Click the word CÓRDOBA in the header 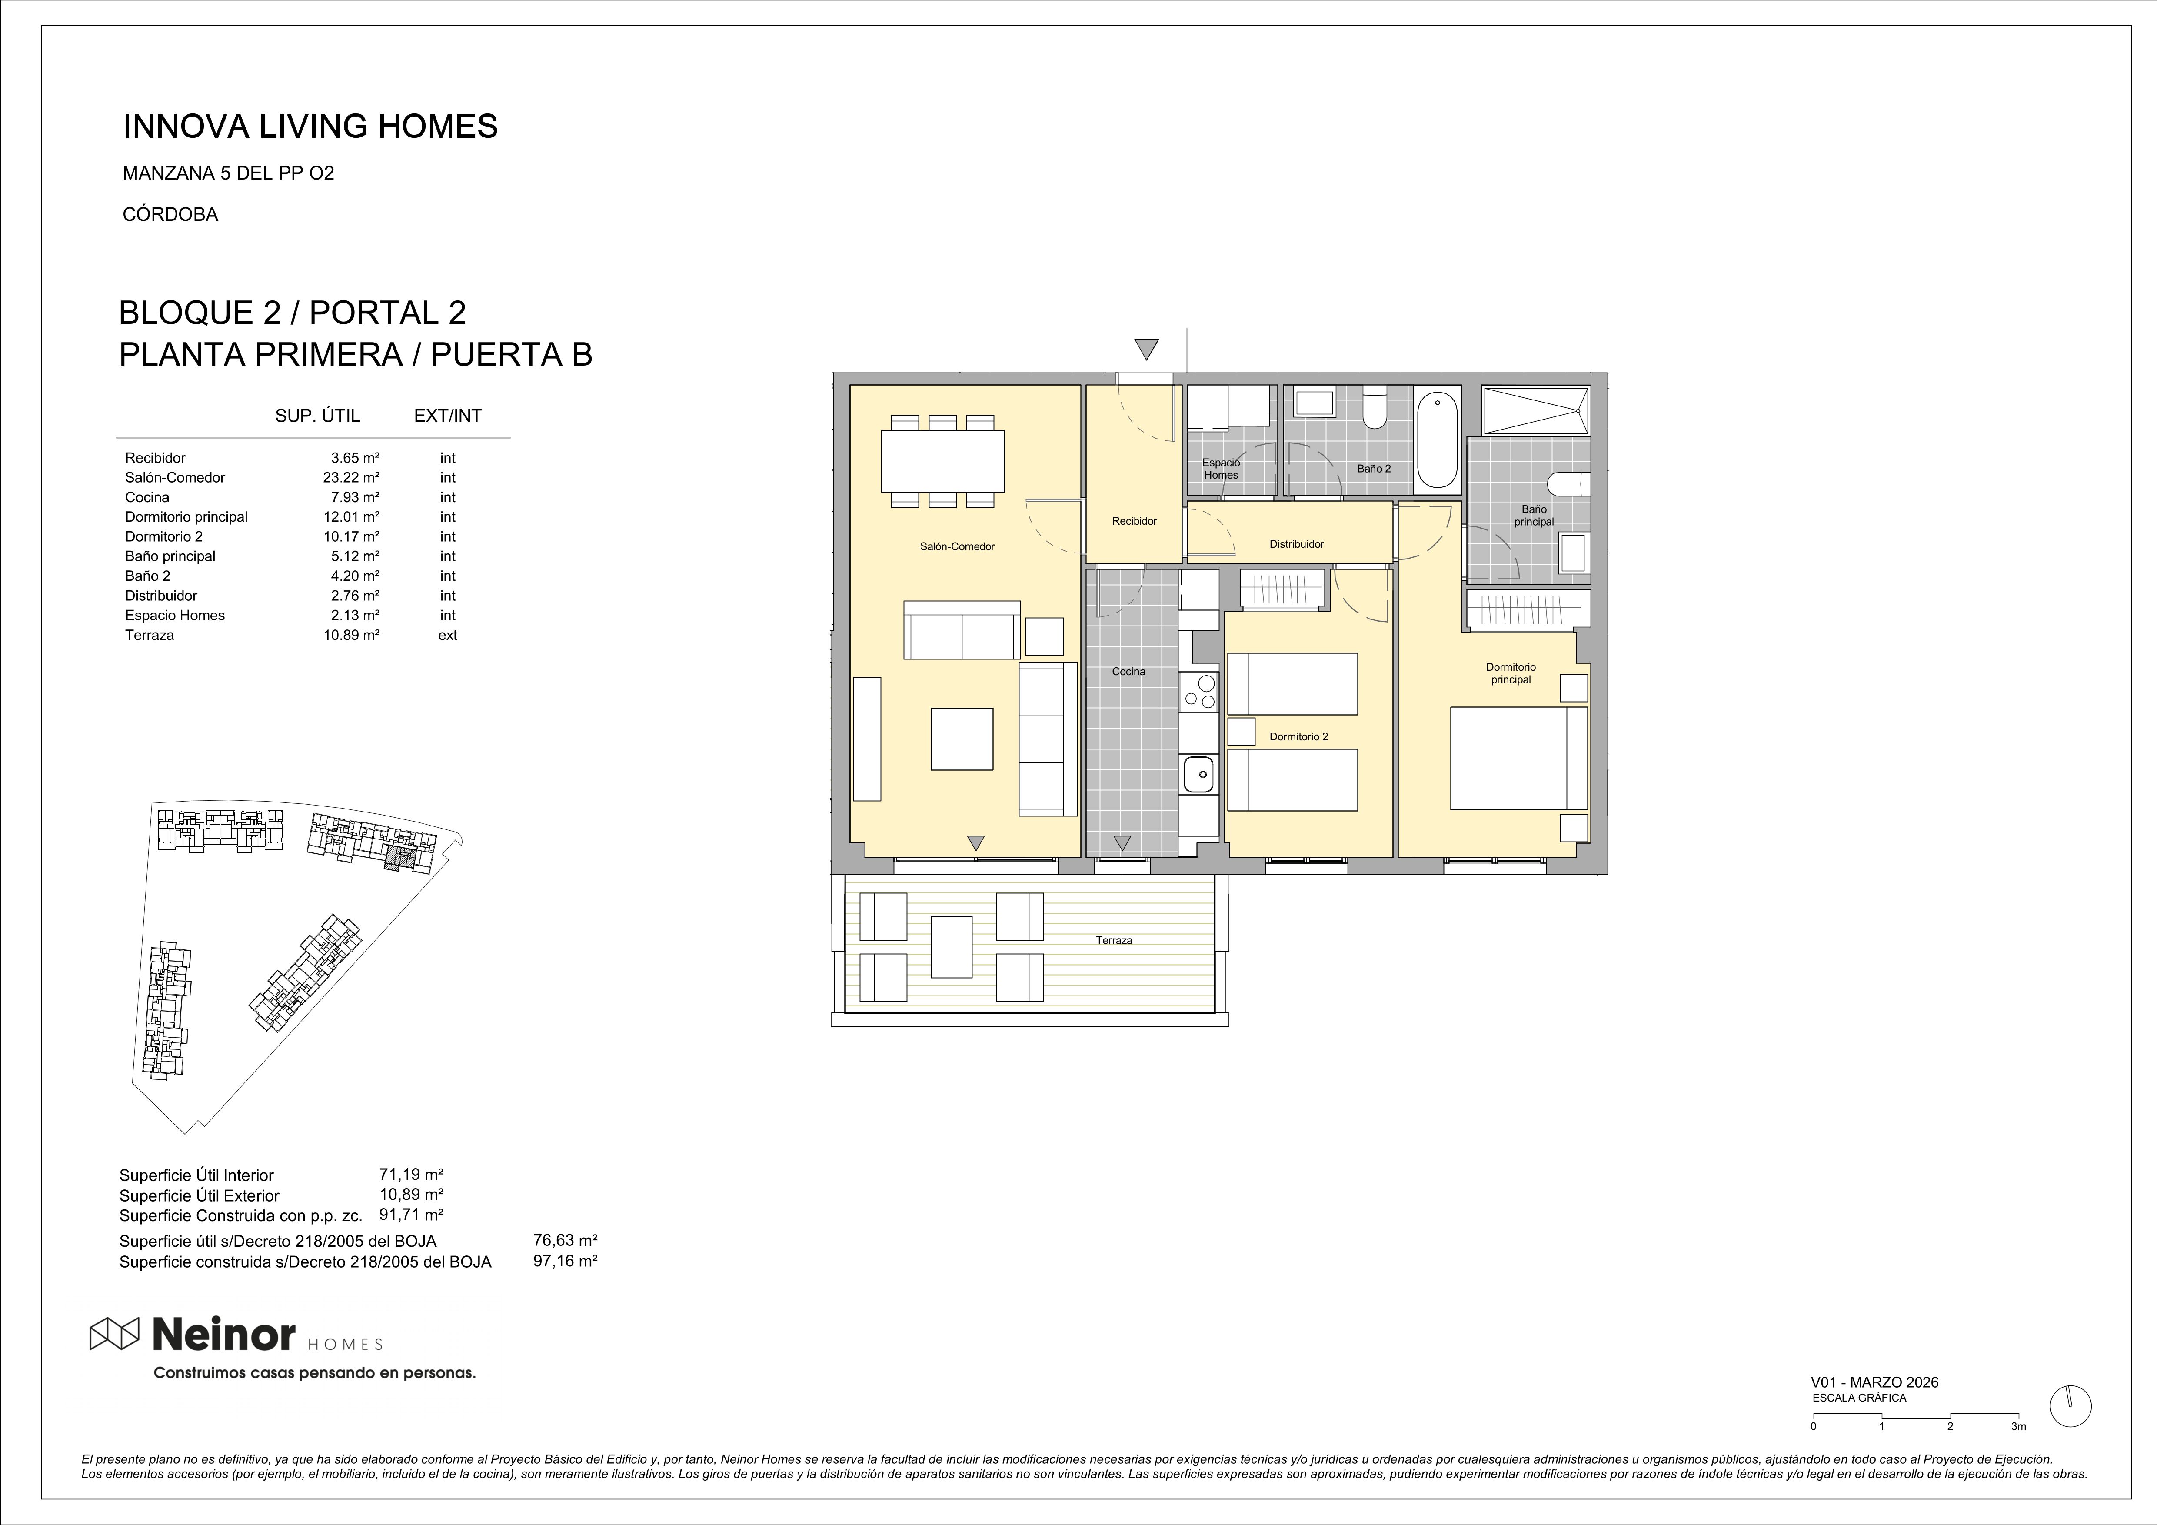click(170, 214)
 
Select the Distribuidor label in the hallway click(1296, 544)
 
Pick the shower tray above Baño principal click(1536, 411)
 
